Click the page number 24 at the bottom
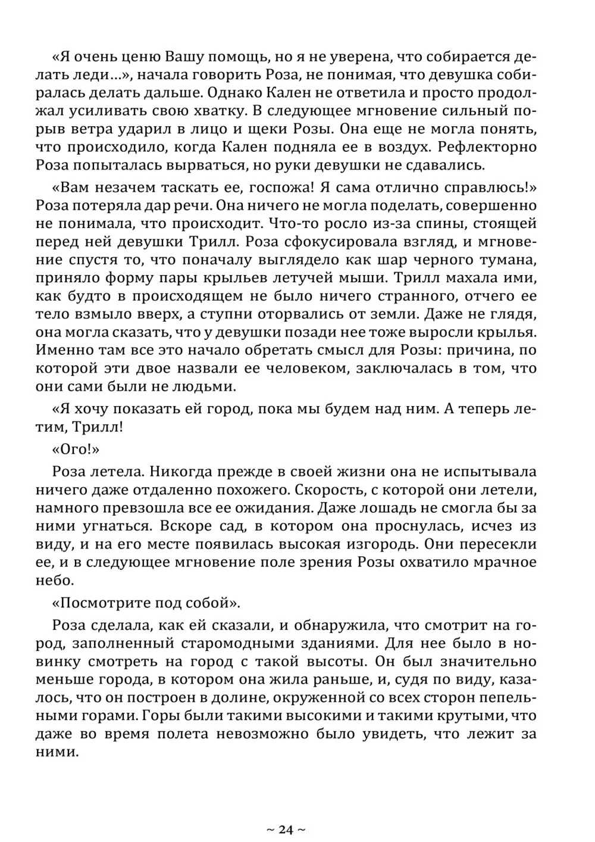[286, 829]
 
